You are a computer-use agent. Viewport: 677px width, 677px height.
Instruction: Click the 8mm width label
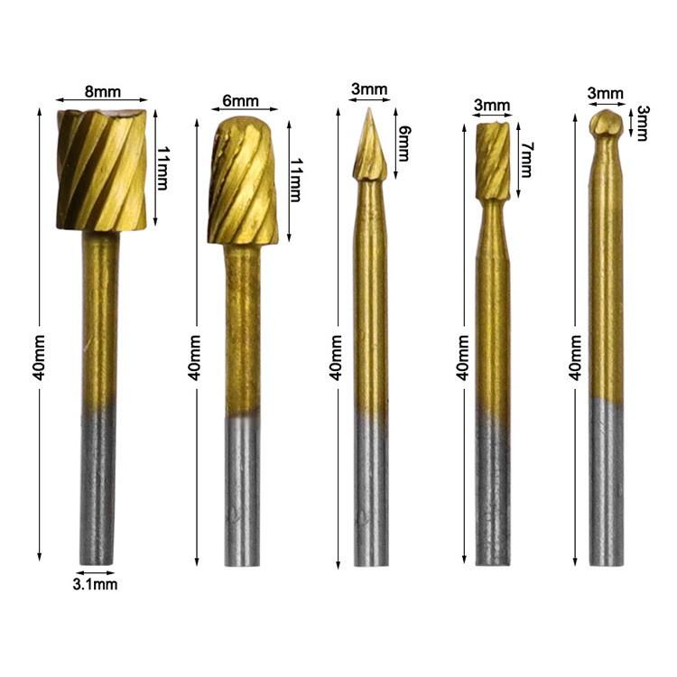tap(103, 92)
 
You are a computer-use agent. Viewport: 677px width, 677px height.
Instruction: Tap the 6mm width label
tap(240, 101)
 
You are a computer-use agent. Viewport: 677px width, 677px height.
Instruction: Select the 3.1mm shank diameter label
tap(95, 585)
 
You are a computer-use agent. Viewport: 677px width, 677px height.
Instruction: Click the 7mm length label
tap(526, 160)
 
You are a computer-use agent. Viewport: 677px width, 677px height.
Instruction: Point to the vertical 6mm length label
tap(404, 144)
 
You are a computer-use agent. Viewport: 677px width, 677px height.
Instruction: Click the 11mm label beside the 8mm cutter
tap(162, 169)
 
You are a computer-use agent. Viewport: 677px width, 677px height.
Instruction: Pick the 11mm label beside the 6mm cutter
tap(296, 180)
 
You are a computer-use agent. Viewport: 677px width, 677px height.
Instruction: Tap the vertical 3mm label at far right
tap(642, 123)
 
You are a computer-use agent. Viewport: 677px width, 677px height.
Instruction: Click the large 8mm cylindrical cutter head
tap(102, 170)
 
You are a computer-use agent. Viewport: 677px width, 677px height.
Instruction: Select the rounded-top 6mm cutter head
tap(243, 181)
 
